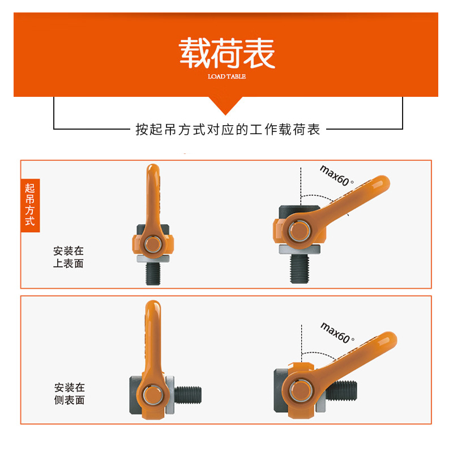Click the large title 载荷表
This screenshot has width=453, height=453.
pos(226,53)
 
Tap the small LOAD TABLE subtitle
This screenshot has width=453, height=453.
pos(226,76)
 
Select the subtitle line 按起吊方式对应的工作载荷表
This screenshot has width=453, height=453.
pos(228,130)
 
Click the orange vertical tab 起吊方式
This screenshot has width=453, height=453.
pos(30,206)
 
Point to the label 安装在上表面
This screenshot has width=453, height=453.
pos(68,257)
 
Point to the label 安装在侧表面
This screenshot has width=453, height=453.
pos(69,394)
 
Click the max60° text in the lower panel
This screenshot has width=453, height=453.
pos(337,332)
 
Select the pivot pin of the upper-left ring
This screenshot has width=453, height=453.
pos(152,245)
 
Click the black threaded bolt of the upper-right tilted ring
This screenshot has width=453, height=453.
pos(299,270)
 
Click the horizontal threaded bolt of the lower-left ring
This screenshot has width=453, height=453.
pos(190,392)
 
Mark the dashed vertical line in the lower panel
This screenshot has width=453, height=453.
pos(302,345)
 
